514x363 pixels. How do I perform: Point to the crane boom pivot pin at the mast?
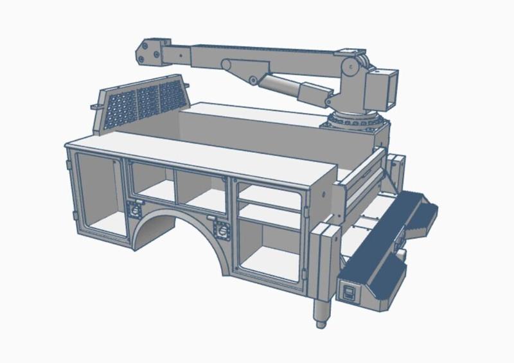click(x=351, y=67)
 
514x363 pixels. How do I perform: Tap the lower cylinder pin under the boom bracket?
click(x=253, y=80)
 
